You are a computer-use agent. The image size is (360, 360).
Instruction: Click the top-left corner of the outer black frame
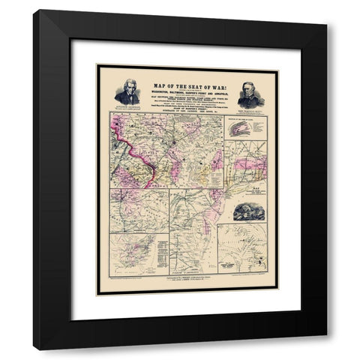point(34,11)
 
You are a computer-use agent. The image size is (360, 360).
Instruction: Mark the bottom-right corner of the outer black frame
point(325,349)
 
